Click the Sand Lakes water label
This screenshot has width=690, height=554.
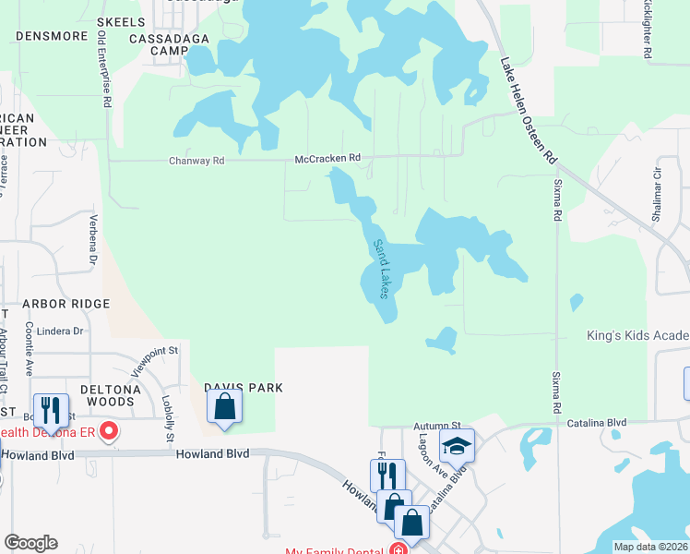tap(381, 269)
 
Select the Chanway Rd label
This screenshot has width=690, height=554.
tap(196, 161)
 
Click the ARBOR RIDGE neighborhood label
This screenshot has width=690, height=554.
tap(66, 304)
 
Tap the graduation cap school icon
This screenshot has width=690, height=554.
tap(456, 446)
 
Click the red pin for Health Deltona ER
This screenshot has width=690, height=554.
tap(109, 430)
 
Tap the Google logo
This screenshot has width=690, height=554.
tap(30, 543)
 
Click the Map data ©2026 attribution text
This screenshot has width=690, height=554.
tap(650, 547)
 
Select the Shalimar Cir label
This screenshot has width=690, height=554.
tap(658, 186)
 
